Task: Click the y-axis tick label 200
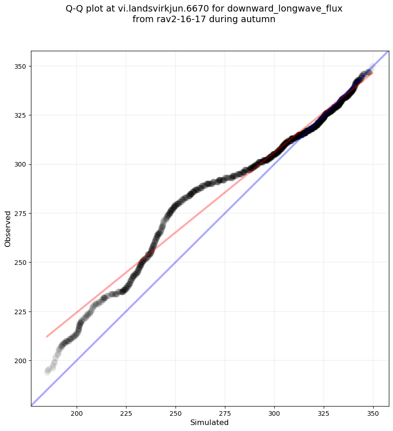point(21,360)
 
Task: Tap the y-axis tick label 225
point(21,311)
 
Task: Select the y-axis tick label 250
point(21,262)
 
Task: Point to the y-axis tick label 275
point(21,213)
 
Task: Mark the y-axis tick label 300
point(21,164)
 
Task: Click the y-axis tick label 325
point(21,115)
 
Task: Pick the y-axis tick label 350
point(21,66)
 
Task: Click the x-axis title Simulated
point(210,423)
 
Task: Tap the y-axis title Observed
point(8,228)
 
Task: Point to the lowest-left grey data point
point(48,371)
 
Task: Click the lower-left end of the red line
point(47,336)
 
